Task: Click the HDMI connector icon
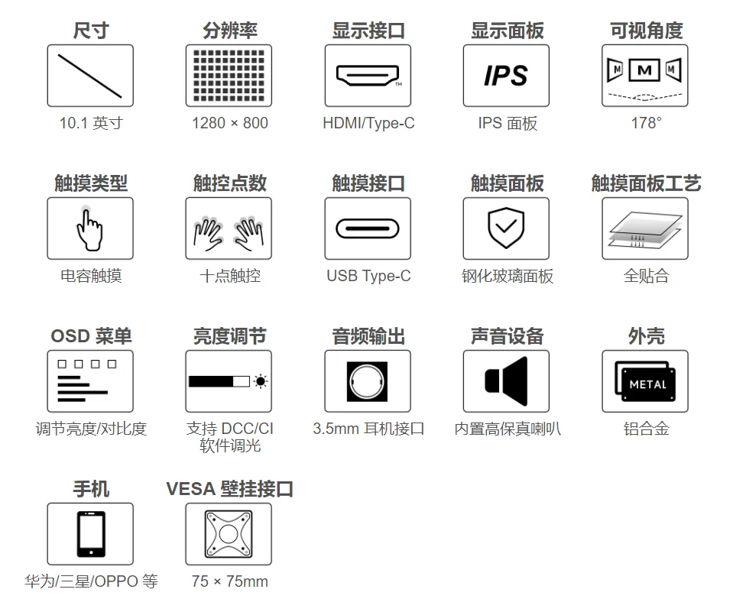pos(368,76)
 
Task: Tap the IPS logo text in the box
pos(506,76)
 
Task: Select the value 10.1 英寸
pos(91,123)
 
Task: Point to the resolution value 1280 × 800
pos(229,123)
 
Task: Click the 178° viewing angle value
pos(646,123)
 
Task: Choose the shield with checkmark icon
pos(506,228)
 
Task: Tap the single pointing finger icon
pos(89,230)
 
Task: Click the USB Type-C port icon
pos(368,228)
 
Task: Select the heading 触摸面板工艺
pos(646,183)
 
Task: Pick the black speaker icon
pos(506,381)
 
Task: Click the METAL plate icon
pos(645,381)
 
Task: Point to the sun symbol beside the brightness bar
pos(260,381)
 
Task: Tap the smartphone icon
pos(91,534)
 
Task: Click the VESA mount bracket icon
pos(229,534)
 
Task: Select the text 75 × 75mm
pos(229,581)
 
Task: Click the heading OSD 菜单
pos(91,336)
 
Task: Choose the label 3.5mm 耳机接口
pos(368,429)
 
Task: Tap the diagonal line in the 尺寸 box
pos(89,76)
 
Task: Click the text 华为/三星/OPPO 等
pos(91,581)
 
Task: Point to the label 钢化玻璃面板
pos(508,277)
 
